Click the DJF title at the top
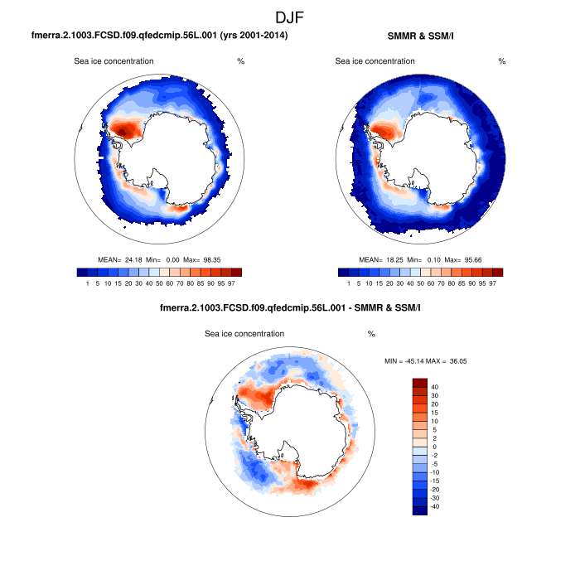[x=290, y=17]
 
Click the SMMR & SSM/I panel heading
[x=420, y=36]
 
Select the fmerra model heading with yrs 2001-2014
[x=159, y=36]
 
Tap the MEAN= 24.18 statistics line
[x=158, y=260]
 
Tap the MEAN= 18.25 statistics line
[x=420, y=260]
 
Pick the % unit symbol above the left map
[x=240, y=61]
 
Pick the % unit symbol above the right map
[x=502, y=61]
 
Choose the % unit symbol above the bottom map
[x=371, y=334]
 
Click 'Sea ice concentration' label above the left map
[x=114, y=61]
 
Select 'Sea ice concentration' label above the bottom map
[x=244, y=334]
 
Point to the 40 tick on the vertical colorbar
[x=435, y=387]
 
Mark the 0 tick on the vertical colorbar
[x=435, y=447]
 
